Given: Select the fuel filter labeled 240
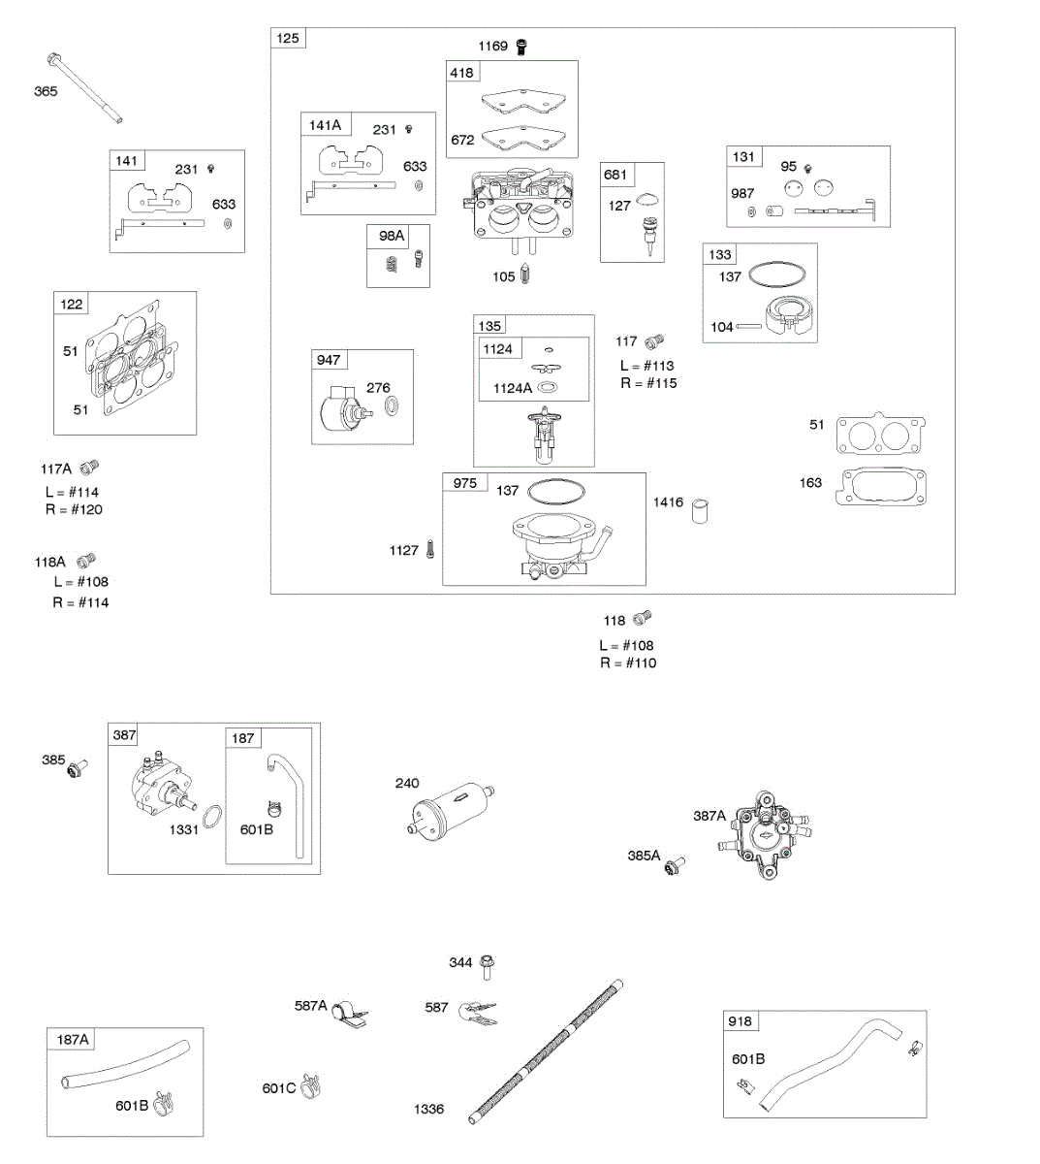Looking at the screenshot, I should (451, 811).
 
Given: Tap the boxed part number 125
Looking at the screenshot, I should (288, 39).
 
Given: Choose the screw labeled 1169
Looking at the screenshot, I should (522, 46).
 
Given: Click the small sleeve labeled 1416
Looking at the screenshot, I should (701, 510).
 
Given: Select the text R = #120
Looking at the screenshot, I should (74, 510).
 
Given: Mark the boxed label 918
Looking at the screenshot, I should (740, 1021).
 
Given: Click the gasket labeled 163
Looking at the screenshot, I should (884, 486).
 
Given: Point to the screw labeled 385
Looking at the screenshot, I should (77, 766).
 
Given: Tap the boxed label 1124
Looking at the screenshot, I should (498, 349).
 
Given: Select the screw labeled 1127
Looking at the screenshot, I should (431, 549).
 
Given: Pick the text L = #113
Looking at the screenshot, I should (646, 366).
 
